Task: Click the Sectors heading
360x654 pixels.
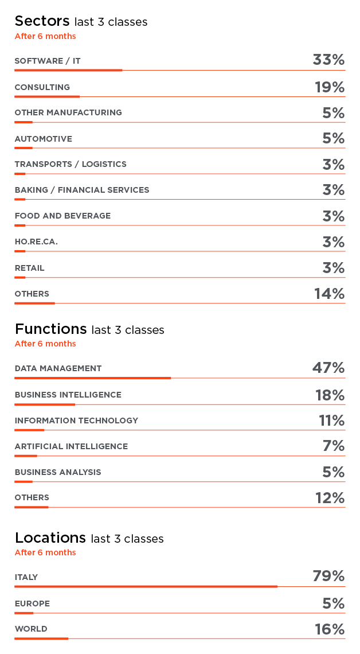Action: click(x=42, y=21)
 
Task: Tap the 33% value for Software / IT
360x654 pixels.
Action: click(x=328, y=60)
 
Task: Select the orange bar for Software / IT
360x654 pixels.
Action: click(x=68, y=70)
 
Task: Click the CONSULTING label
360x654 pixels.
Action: click(x=42, y=87)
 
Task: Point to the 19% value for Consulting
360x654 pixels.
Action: click(x=330, y=87)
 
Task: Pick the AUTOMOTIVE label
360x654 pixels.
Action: click(x=44, y=139)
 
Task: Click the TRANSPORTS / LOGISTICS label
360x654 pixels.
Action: click(x=71, y=164)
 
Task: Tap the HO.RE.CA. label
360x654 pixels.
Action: click(x=36, y=242)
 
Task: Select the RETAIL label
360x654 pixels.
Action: click(x=29, y=268)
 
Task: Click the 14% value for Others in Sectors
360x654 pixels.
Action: click(x=329, y=294)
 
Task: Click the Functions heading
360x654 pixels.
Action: click(x=50, y=329)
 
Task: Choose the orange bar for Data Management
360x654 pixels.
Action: click(x=93, y=378)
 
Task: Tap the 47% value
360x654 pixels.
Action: click(x=328, y=368)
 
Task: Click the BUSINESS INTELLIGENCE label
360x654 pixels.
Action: click(x=68, y=395)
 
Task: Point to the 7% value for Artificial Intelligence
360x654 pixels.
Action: click(x=334, y=446)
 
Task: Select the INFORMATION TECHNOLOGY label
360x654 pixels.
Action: click(x=76, y=421)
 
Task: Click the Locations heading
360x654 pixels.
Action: click(x=50, y=538)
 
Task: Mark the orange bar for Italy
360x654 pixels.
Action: click(x=146, y=586)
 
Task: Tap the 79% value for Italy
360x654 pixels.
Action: click(x=328, y=576)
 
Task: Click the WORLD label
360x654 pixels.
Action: click(x=31, y=629)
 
